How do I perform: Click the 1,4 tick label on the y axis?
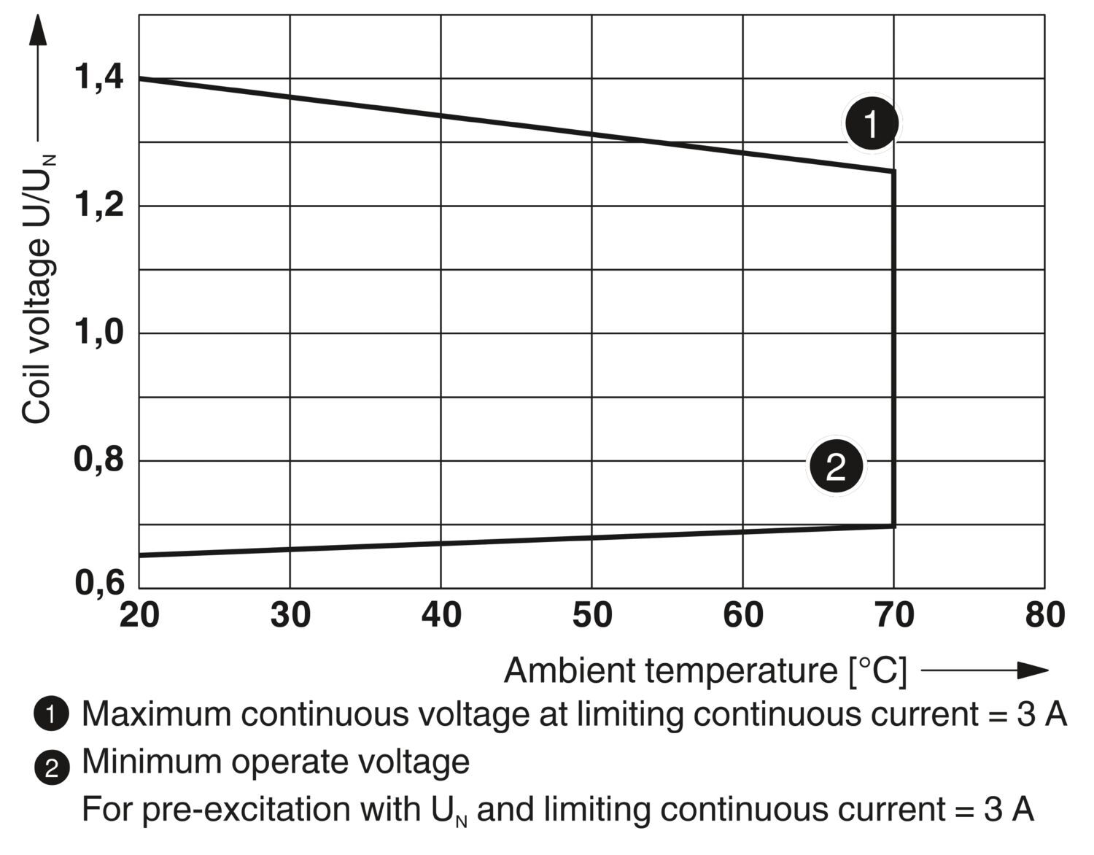point(99,77)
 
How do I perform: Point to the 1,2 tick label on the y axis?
point(99,206)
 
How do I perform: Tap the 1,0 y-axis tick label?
point(99,333)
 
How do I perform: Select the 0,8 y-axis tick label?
point(99,460)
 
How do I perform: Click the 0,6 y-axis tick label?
point(99,584)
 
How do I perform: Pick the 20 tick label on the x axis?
point(139,615)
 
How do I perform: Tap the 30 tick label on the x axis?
point(290,615)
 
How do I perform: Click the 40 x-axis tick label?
point(441,615)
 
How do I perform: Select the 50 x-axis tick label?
point(592,615)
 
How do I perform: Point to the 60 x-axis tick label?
point(743,615)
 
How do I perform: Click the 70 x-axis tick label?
point(894,615)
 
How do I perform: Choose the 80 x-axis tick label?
point(1044,615)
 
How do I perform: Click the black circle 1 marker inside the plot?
point(872,123)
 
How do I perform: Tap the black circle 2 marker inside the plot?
point(835,465)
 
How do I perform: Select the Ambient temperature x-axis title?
point(705,670)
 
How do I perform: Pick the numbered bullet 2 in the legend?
point(51,767)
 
